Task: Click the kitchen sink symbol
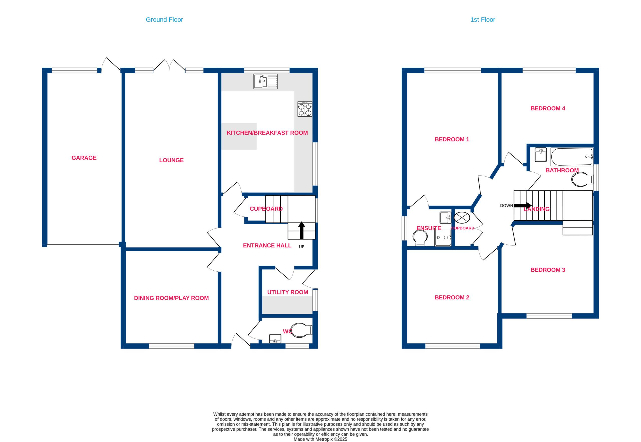[265, 81]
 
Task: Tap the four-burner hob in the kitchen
[305, 109]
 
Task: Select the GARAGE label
[84, 158]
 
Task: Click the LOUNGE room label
[171, 160]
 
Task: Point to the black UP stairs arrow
[301, 231]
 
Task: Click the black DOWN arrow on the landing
[523, 205]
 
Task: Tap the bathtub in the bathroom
[572, 157]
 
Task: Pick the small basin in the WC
[275, 339]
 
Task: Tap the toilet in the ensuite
[420, 238]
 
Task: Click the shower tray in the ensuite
[443, 237]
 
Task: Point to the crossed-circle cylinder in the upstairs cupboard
[462, 217]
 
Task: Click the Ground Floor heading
[165, 20]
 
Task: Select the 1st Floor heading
[483, 20]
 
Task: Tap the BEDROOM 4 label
[548, 108]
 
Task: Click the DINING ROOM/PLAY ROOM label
[171, 298]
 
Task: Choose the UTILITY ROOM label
[287, 292]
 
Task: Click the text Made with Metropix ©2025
[320, 439]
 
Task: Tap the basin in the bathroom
[541, 155]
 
